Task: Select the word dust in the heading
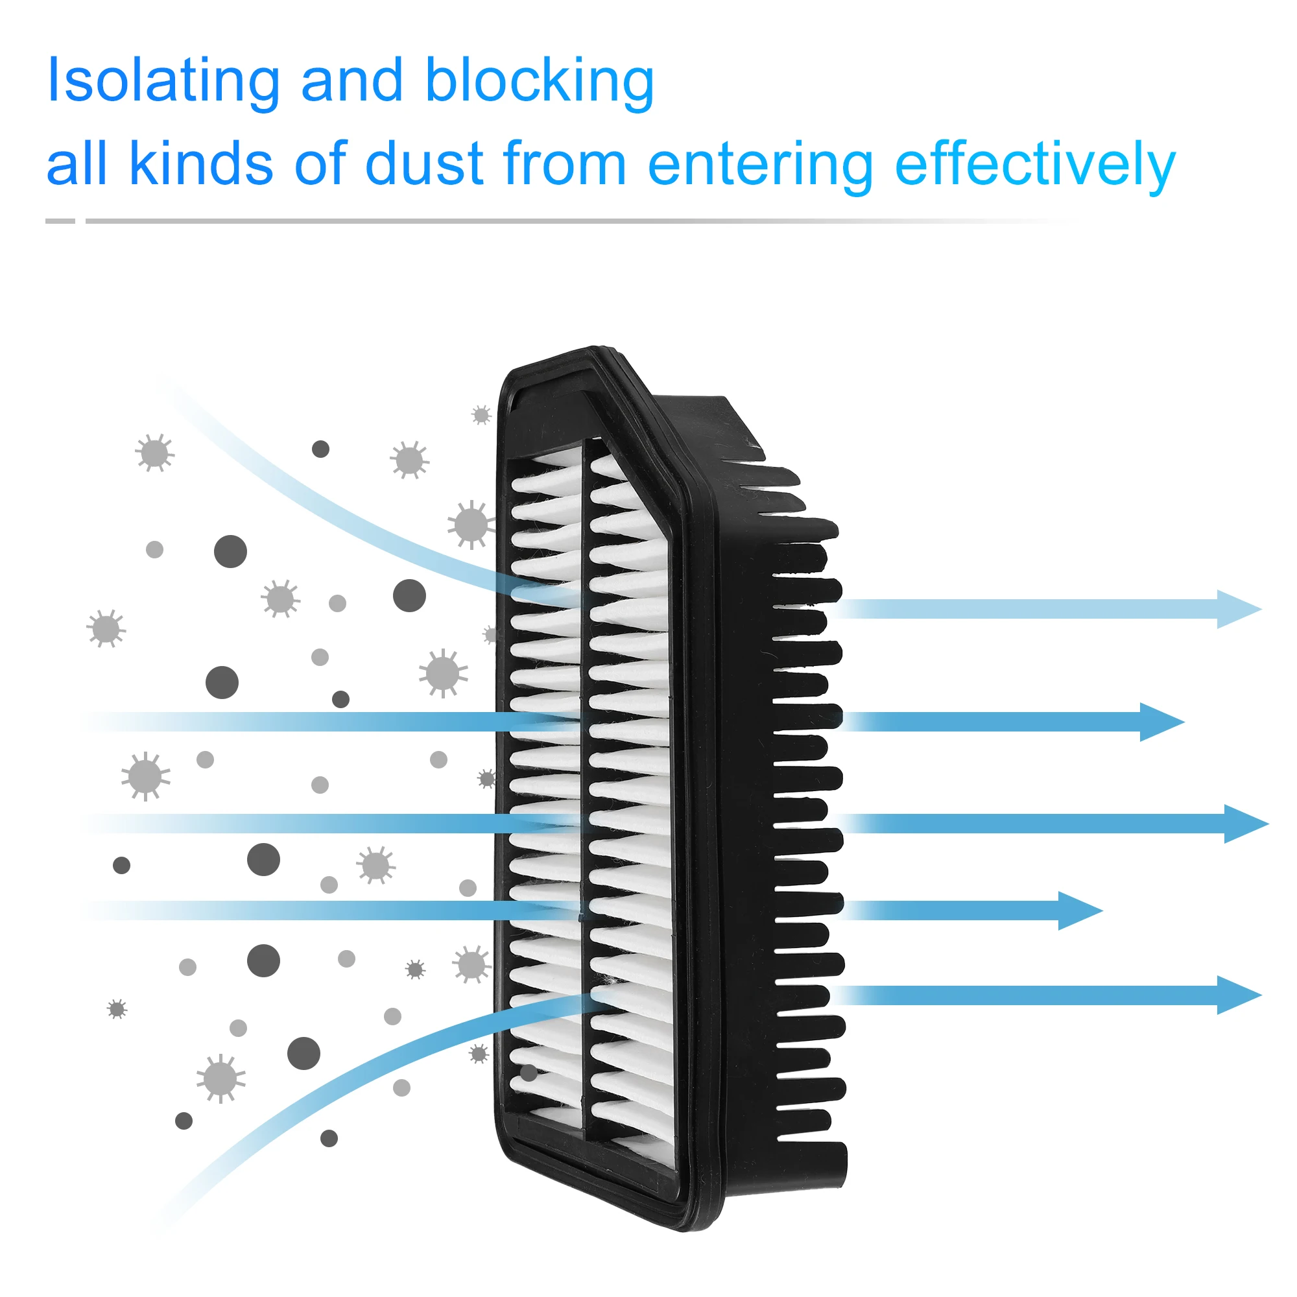423,164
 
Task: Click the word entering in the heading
760,165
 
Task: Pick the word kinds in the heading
201,164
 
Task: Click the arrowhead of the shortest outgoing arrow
1079,911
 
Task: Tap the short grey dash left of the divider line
60,221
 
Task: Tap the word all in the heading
76,164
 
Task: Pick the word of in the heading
320,164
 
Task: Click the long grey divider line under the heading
537,221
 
